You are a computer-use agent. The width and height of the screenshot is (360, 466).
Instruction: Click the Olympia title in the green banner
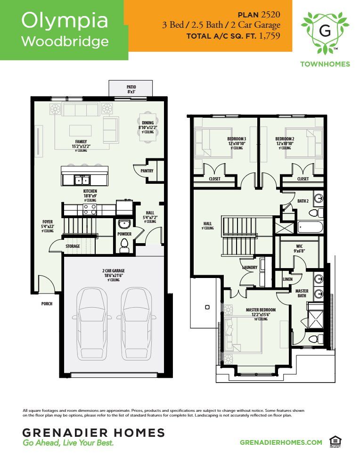65,20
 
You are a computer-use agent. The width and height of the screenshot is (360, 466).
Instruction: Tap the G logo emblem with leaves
325,31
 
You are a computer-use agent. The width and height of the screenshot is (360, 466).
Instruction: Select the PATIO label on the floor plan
131,87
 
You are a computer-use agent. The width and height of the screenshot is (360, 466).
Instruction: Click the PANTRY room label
147,171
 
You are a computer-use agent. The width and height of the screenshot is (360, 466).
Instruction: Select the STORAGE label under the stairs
73,246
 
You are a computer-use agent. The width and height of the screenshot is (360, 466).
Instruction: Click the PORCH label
46,304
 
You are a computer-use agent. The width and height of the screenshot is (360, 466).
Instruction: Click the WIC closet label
299,246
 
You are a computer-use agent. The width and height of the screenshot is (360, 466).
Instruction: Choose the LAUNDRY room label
249,268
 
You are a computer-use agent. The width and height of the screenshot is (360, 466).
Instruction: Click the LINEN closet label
287,279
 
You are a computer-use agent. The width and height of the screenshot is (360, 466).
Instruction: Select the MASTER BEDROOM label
261,310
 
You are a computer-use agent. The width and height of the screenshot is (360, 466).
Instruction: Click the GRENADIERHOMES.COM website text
281,442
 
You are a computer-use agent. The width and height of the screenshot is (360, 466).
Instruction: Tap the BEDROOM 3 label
237,139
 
